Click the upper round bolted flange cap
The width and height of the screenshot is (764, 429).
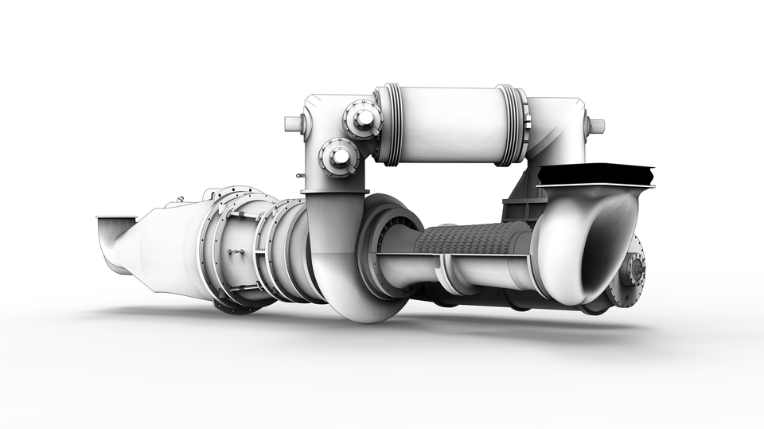point(363,119)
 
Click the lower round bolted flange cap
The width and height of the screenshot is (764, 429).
point(339,156)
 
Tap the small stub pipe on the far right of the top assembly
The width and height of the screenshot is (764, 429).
point(595,126)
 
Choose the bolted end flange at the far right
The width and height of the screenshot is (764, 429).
point(634,271)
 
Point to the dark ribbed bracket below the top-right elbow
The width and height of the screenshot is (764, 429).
point(522,209)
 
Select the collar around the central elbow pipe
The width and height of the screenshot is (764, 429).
point(333,192)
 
